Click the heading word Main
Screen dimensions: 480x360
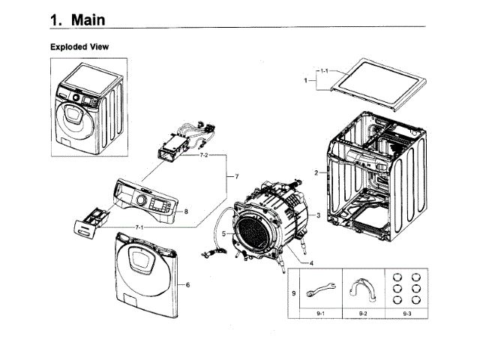88,20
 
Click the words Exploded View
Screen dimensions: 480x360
79,46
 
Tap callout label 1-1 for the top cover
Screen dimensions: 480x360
324,71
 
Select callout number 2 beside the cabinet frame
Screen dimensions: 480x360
316,173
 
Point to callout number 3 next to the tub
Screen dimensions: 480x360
318,215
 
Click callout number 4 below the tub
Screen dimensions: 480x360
311,263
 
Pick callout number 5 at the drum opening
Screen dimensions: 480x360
223,234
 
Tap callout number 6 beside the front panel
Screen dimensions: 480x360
187,285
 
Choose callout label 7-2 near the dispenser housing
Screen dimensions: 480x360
204,155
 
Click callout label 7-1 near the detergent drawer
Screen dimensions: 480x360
139,227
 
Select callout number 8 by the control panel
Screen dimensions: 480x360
186,211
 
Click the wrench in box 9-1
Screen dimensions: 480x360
320,289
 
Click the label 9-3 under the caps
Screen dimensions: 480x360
406,313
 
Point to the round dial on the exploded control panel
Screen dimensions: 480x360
141,199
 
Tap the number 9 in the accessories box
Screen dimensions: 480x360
294,293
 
